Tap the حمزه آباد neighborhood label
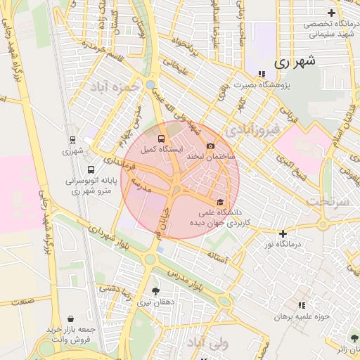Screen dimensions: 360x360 111,88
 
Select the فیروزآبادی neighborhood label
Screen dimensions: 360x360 254,129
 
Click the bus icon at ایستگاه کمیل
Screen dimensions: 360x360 162,139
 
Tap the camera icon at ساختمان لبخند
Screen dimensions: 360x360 210,146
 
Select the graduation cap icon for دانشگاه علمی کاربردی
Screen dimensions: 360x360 221,202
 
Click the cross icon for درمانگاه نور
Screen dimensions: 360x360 283,233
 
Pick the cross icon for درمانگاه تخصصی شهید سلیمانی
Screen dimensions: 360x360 331,13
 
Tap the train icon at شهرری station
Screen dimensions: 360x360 72,141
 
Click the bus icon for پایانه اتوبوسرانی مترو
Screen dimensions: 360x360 90,169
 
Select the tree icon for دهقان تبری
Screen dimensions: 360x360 155,291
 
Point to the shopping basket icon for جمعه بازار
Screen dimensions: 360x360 70,319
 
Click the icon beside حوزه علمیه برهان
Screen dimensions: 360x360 302,305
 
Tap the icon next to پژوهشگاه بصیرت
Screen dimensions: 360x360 262,74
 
